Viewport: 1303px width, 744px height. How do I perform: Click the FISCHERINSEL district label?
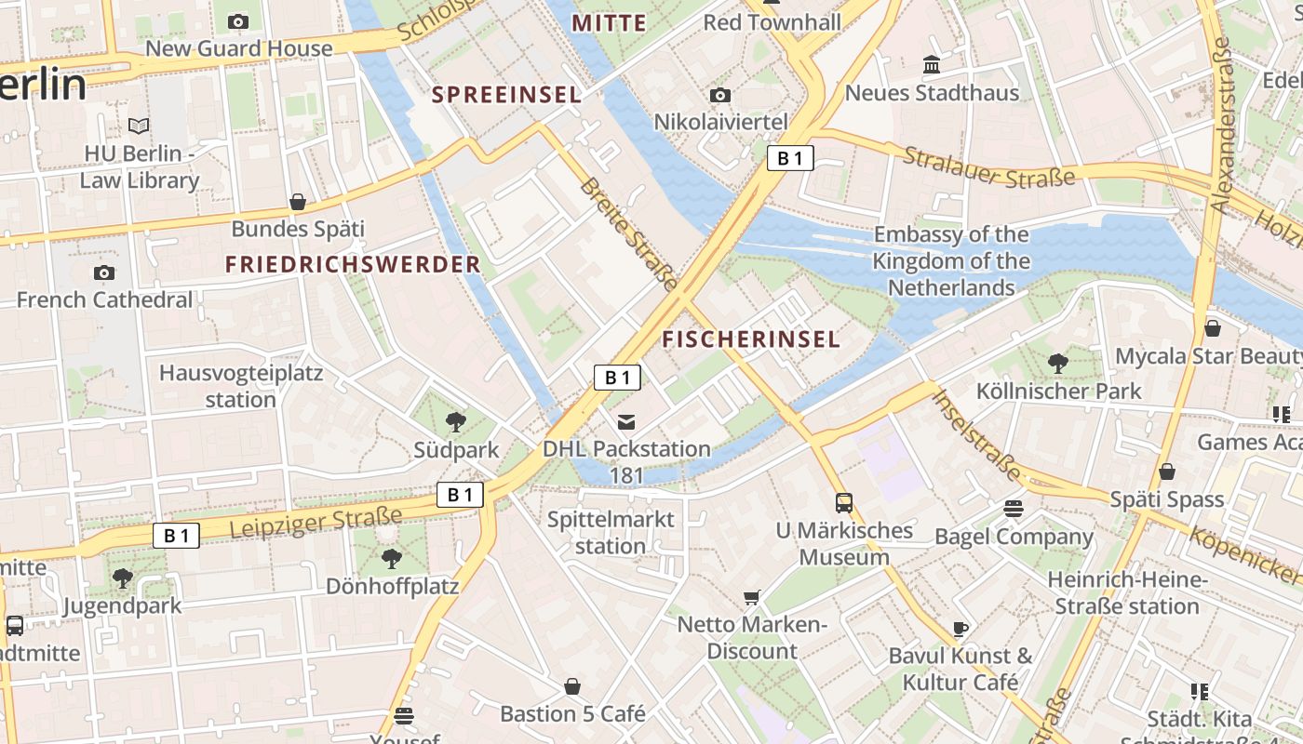[751, 339]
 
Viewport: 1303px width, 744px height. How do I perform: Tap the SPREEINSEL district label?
[507, 94]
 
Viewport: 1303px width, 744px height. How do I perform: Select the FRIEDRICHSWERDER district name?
[353, 264]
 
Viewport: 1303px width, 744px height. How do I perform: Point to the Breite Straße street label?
[629, 233]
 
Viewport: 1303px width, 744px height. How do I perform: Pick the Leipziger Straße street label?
[316, 523]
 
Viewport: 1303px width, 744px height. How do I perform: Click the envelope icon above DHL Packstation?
[626, 422]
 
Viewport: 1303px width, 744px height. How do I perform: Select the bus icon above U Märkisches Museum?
[844, 503]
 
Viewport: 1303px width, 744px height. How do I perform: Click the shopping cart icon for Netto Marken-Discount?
[752, 597]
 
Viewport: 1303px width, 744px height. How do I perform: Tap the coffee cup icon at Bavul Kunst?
[961, 629]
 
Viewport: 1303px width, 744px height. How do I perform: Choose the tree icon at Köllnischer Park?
[1057, 364]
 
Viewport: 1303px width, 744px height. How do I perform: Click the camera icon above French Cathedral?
[104, 272]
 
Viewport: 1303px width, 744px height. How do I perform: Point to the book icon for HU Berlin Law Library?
[139, 126]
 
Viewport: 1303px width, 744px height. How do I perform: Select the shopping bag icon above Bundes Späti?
[298, 202]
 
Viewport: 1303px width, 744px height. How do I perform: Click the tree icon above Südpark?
[456, 422]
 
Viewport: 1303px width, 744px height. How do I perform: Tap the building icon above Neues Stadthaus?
[932, 65]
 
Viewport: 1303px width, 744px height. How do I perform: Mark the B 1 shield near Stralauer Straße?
[790, 158]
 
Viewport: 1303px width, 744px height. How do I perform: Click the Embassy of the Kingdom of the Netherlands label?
[950, 261]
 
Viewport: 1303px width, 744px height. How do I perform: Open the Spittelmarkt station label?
[611, 533]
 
